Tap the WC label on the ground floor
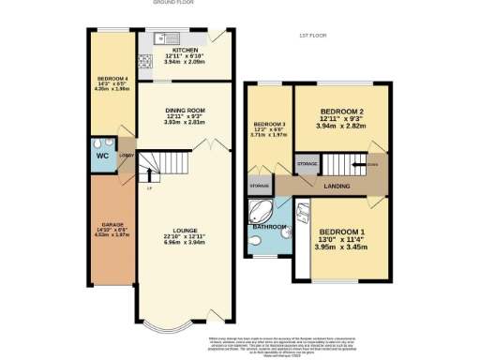[x=102, y=156]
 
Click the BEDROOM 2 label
[x=341, y=112]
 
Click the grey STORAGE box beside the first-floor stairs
[x=307, y=163]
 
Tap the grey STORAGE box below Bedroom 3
[x=259, y=187]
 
